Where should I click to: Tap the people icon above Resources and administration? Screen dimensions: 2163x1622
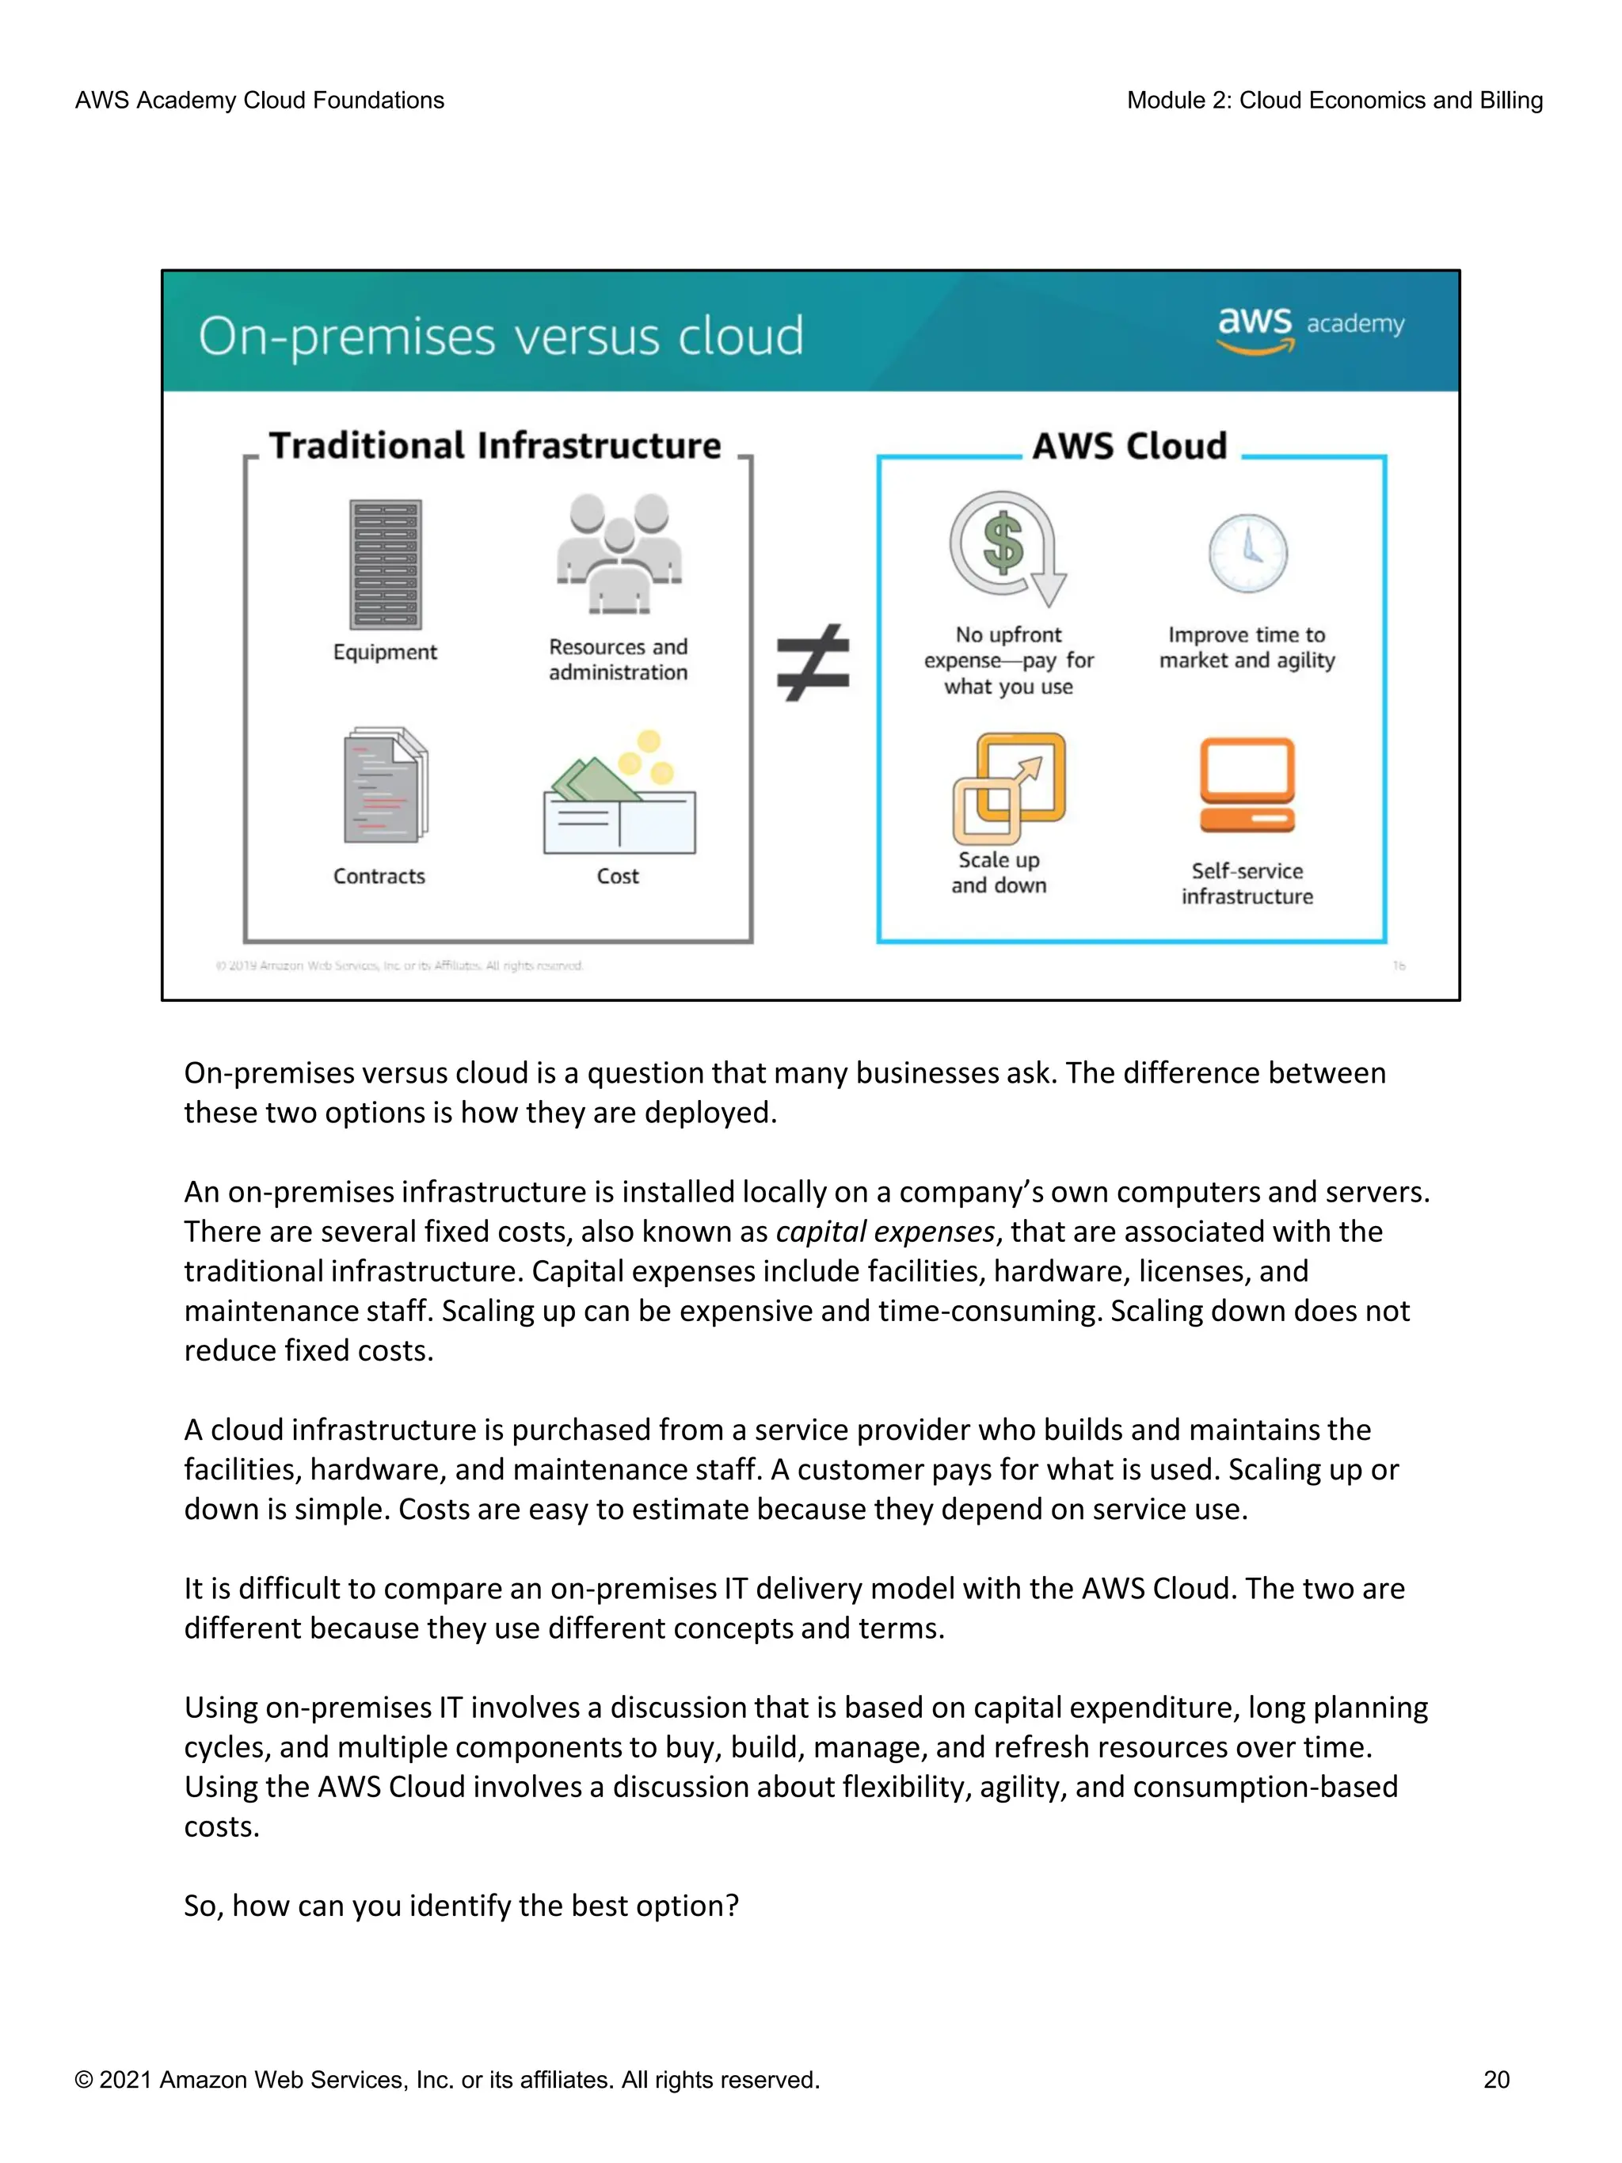pos(619,553)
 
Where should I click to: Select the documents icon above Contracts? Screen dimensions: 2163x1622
pos(385,785)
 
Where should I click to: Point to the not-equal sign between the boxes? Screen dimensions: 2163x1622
pos(813,663)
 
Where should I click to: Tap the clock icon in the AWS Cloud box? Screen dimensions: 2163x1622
pos(1247,554)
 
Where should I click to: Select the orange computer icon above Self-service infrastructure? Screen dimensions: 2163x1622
pos(1247,785)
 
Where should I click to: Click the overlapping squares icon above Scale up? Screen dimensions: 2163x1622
pos(1008,787)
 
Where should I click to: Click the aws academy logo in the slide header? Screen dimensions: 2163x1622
pos(1310,329)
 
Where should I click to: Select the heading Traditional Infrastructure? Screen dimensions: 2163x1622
pos(495,446)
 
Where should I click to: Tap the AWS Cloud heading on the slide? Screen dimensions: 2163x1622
pos(1129,447)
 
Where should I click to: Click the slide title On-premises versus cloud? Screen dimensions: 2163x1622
pos(501,337)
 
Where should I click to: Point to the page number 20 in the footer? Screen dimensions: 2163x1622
pos(1496,2079)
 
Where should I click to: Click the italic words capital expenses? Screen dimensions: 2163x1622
pos(885,1231)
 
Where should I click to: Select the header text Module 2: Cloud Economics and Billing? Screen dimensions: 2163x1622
pos(1335,101)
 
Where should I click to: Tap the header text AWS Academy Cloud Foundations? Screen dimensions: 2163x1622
pos(259,101)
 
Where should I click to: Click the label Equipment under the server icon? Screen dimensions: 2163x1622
pos(384,652)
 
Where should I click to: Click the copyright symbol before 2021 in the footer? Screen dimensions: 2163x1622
pos(84,2080)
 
